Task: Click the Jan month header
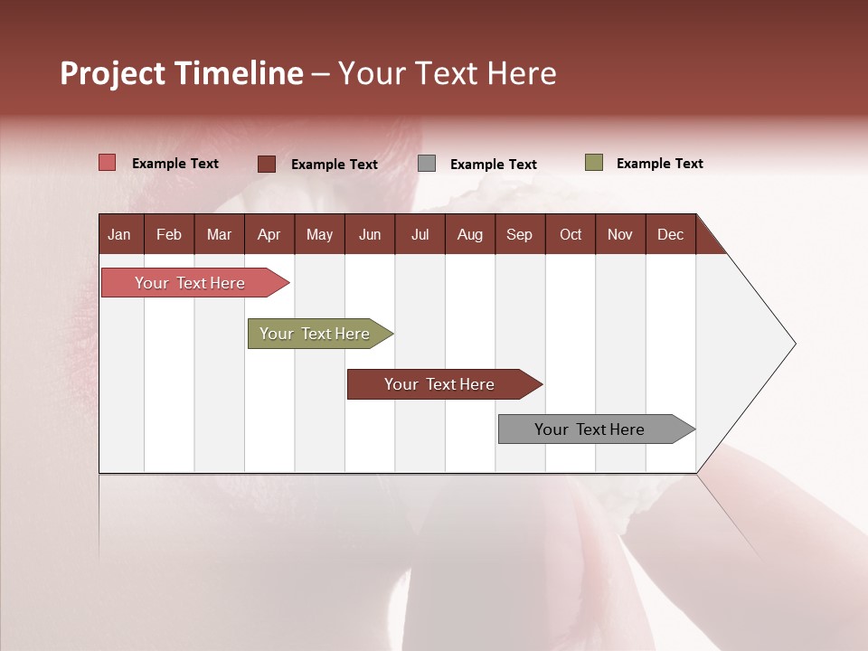click(119, 234)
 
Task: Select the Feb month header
click(169, 234)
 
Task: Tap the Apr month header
click(269, 234)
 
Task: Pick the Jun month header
click(370, 234)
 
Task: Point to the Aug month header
click(469, 234)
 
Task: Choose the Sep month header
click(519, 234)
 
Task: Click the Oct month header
click(571, 234)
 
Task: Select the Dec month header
click(670, 234)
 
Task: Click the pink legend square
click(108, 163)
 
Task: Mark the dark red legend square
click(267, 164)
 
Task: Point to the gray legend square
click(427, 164)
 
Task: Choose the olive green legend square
click(594, 163)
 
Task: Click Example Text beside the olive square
click(659, 164)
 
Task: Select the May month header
click(319, 234)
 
